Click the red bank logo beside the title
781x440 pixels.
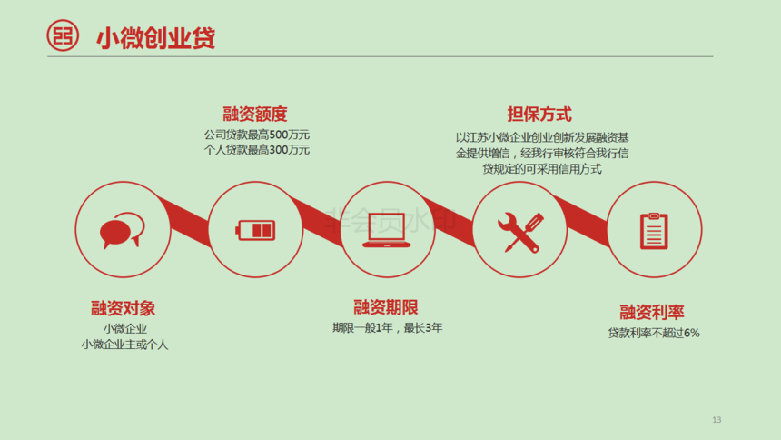point(63,35)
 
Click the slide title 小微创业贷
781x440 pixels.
point(155,38)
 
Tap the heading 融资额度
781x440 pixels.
point(255,115)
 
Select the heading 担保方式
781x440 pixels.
point(539,115)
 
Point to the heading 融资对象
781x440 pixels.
point(123,308)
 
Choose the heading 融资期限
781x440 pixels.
point(386,307)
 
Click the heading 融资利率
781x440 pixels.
point(652,313)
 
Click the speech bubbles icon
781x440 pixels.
point(122,230)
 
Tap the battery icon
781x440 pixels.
point(255,230)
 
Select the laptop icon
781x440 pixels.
point(387,231)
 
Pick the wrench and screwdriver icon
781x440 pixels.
point(520,233)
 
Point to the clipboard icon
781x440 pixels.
point(654,231)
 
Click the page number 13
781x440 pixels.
point(717,420)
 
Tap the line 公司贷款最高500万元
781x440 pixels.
point(256,135)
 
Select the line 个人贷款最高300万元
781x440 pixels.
point(256,150)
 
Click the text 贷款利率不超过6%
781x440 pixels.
point(654,333)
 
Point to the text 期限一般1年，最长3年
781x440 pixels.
point(388,328)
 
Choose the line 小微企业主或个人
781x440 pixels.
point(124,345)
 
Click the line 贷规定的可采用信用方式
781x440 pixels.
point(542,169)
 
